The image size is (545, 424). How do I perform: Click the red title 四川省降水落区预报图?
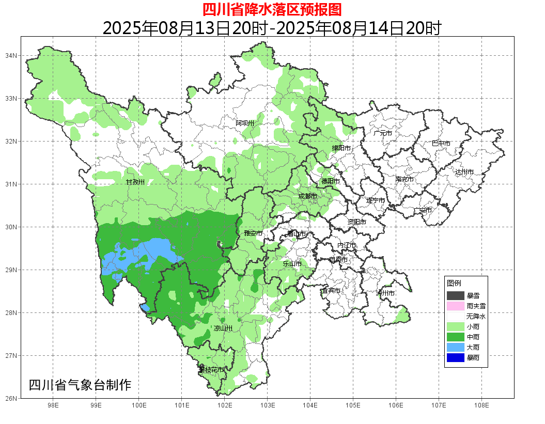(272, 9)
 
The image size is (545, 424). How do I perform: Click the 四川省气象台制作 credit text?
(80, 385)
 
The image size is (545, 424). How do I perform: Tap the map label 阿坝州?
(245, 123)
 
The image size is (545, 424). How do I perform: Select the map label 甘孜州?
(135, 182)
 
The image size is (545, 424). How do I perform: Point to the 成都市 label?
(308, 196)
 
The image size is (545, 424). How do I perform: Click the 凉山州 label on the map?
(223, 328)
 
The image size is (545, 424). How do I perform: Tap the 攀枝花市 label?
(211, 370)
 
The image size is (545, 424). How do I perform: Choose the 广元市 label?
(383, 133)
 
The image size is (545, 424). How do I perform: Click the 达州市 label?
(464, 171)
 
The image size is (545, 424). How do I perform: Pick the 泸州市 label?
(385, 293)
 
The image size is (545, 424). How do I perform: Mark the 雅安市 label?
(253, 233)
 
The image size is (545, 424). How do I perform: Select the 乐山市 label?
(292, 263)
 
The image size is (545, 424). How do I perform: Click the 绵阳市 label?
(341, 148)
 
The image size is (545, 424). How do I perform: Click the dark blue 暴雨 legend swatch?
(456, 357)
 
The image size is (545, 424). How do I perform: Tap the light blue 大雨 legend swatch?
(456, 347)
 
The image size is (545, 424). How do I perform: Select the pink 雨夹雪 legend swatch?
(456, 306)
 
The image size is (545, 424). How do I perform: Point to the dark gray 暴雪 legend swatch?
(456, 295)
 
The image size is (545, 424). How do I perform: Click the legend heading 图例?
(454, 283)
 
